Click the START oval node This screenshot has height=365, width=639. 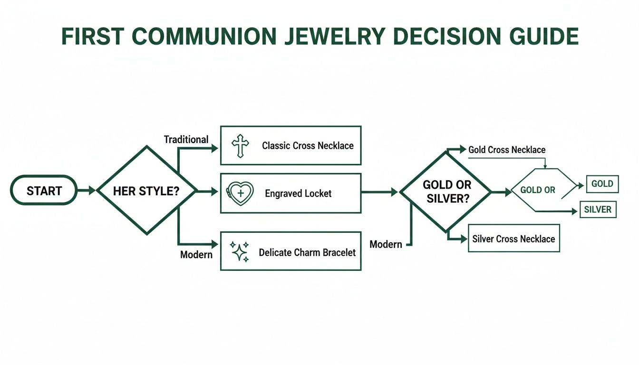tap(44, 191)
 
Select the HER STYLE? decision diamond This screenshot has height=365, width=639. tap(147, 191)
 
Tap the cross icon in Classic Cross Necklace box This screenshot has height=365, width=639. tap(240, 145)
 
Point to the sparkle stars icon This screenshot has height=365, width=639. tap(240, 252)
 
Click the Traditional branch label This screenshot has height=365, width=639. tap(186, 139)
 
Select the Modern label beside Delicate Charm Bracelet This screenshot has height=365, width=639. tap(196, 255)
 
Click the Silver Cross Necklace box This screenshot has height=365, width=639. tap(513, 239)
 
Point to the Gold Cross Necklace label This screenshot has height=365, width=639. tap(507, 150)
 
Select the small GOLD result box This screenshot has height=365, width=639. tap(602, 184)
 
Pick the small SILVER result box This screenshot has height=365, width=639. tap(598, 210)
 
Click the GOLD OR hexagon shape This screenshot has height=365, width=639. tap(539, 190)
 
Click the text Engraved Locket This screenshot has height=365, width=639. tap(298, 193)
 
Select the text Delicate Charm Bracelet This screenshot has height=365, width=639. tap(307, 252)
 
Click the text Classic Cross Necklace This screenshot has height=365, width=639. tap(308, 145)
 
